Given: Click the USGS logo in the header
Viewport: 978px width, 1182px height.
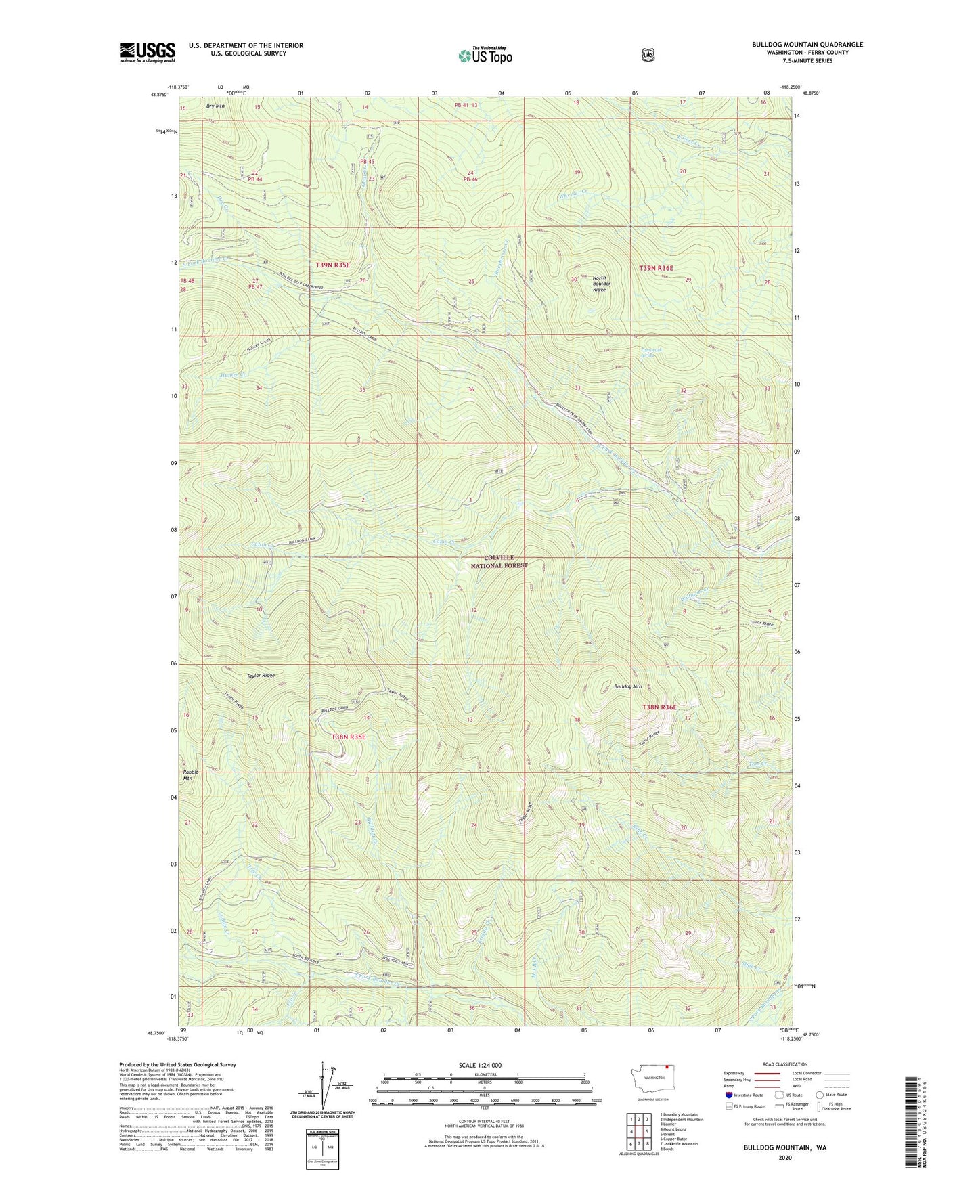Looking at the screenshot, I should (148, 52).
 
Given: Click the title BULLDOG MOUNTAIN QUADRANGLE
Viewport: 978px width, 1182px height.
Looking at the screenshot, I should (807, 45).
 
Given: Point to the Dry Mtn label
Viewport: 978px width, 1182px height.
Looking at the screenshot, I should (215, 106).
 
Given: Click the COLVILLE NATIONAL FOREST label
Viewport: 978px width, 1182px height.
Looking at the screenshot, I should (499, 561).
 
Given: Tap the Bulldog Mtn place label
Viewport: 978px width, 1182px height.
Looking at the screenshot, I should (627, 687).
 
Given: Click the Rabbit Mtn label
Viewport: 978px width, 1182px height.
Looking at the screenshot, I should (188, 775).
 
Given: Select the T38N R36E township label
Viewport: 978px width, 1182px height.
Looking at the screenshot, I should (659, 707).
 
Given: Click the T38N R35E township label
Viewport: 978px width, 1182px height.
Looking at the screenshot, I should (349, 737).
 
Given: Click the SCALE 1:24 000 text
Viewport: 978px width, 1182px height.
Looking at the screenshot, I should (480, 1065).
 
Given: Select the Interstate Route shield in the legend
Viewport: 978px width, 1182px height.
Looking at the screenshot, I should (728, 1094).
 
